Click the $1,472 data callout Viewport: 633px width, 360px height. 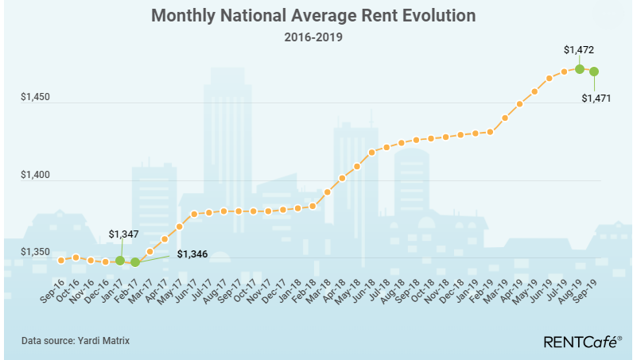click(x=579, y=49)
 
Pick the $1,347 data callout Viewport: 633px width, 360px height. click(x=124, y=235)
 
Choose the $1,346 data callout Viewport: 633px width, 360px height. click(x=191, y=254)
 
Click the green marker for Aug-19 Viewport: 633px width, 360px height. click(x=580, y=69)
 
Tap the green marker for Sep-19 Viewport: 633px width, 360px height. click(x=594, y=72)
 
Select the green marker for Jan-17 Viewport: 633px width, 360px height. click(x=120, y=260)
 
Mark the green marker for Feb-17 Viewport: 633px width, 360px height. click(x=135, y=262)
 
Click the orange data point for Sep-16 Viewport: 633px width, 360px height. click(x=61, y=260)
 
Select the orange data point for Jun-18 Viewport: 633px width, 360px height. click(x=371, y=152)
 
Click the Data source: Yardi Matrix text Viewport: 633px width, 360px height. click(x=76, y=340)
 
